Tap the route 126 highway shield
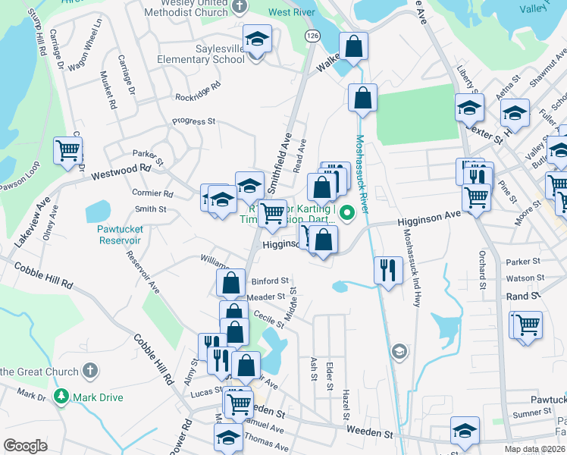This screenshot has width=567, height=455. [x=312, y=36]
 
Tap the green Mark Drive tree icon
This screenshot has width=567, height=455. [x=61, y=397]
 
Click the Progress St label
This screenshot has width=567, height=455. [x=194, y=121]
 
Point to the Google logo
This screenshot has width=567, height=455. [x=25, y=446]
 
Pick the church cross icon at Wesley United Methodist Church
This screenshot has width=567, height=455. [x=240, y=7]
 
